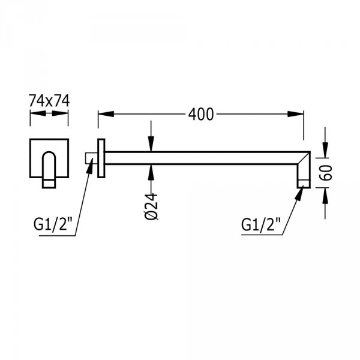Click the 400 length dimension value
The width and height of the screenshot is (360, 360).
(x=201, y=115)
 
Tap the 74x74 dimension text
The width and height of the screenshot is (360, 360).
(x=49, y=101)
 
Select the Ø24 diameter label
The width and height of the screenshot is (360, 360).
(x=152, y=206)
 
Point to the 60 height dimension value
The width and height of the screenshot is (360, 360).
(x=326, y=172)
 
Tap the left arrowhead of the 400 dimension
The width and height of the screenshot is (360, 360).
(x=106, y=113)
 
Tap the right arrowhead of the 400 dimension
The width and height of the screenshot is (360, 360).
(x=296, y=113)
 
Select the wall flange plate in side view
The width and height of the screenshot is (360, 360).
(x=101, y=158)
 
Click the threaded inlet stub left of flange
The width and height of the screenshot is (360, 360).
(x=91, y=158)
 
